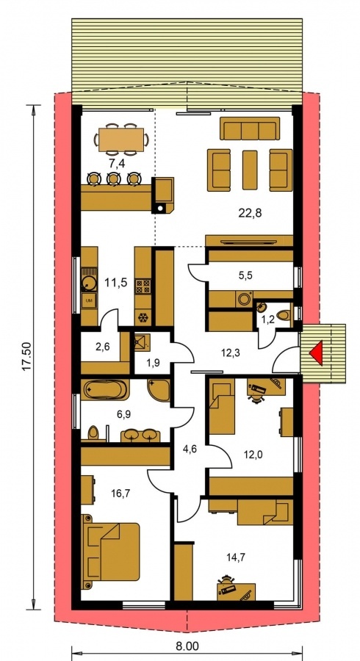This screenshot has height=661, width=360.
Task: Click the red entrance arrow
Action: tap(316, 353)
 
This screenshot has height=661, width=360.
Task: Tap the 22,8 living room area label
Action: tap(249, 214)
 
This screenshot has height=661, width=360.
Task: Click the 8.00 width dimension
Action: tap(187, 647)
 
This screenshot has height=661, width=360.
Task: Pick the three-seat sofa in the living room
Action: tap(250, 131)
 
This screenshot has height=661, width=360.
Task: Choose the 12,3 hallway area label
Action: tap(231, 353)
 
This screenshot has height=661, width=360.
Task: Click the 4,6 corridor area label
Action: tap(190, 443)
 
